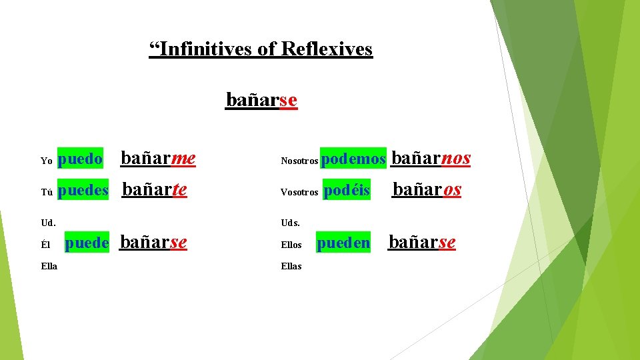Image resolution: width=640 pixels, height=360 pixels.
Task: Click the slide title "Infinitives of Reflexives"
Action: pyautogui.click(x=261, y=49)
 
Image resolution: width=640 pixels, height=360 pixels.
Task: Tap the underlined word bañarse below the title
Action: pyautogui.click(x=261, y=100)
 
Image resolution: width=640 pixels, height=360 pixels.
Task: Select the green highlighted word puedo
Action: pyautogui.click(x=81, y=159)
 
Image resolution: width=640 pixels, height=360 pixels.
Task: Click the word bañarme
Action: pyautogui.click(x=157, y=159)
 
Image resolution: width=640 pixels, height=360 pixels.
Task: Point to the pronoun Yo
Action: pyautogui.click(x=47, y=161)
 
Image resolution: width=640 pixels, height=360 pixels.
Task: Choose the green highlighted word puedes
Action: pyautogui.click(x=83, y=191)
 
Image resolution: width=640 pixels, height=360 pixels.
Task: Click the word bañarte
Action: pyautogui.click(x=155, y=190)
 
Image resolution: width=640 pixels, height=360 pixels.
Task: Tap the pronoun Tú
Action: pyautogui.click(x=47, y=192)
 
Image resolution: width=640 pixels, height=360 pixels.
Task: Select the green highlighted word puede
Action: pyautogui.click(x=87, y=243)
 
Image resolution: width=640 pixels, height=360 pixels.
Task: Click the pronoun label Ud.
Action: pyautogui.click(x=48, y=222)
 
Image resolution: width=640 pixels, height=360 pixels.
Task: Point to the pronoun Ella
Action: pyautogui.click(x=49, y=266)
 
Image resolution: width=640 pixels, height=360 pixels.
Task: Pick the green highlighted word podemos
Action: pyautogui.click(x=353, y=159)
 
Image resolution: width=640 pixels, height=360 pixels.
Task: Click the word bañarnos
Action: pyautogui.click(x=431, y=159)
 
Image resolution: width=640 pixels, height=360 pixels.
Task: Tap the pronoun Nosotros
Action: pyautogui.click(x=299, y=161)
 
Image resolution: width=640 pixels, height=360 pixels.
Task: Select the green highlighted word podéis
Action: pyautogui.click(x=347, y=191)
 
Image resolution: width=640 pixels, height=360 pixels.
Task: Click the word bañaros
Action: pyautogui.click(x=427, y=190)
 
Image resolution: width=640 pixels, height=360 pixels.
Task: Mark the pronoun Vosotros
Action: pyautogui.click(x=299, y=192)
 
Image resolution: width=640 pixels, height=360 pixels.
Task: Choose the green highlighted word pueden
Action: pyautogui.click(x=343, y=243)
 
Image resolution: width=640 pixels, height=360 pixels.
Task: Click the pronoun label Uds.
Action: pyautogui.click(x=291, y=222)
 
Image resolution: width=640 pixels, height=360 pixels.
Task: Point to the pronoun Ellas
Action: pyautogui.click(x=291, y=266)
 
